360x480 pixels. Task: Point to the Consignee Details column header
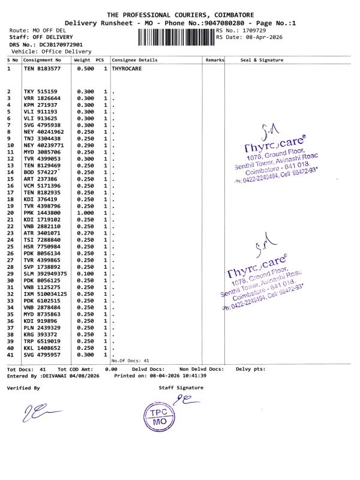(134, 60)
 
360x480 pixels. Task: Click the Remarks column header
(214, 60)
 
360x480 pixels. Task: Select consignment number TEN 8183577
(42, 69)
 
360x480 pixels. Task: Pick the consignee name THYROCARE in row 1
(125, 69)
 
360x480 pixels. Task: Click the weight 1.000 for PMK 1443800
(85, 212)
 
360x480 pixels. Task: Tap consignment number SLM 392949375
(46, 274)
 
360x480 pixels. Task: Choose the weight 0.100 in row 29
(85, 274)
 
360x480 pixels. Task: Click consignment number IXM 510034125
(46, 294)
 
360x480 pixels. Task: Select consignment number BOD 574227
(40, 172)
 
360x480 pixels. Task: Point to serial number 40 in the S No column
(10, 348)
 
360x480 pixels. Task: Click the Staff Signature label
(181, 388)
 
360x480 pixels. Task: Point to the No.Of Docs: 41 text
(130, 361)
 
